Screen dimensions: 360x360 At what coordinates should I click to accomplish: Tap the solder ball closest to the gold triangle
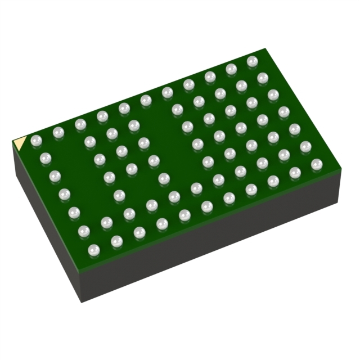click(x=36, y=140)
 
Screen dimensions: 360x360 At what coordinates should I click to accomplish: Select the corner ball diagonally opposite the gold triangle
click(x=317, y=164)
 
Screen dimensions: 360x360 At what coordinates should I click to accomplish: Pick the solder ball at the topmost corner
click(x=252, y=61)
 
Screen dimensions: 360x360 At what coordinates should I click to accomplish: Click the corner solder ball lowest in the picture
click(x=93, y=249)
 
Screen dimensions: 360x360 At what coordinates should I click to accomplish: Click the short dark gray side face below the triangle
click(x=48, y=225)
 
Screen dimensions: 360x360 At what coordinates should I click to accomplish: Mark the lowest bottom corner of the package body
click(x=82, y=301)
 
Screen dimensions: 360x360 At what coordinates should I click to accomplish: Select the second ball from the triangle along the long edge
click(x=58, y=133)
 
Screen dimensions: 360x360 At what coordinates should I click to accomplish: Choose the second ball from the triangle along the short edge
click(x=46, y=158)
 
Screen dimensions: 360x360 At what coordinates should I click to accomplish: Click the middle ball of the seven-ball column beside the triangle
click(x=65, y=195)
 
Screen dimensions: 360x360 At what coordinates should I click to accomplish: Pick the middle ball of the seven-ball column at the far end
click(x=284, y=112)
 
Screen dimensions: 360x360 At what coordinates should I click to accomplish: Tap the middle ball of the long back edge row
click(x=146, y=100)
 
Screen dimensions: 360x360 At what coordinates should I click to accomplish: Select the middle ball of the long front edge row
click(x=206, y=206)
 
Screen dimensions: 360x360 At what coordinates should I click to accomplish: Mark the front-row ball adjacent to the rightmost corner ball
click(x=295, y=171)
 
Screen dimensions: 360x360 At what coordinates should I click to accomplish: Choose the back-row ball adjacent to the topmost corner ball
click(x=231, y=69)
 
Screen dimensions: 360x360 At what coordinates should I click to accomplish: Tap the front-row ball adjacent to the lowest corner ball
click(x=116, y=241)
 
